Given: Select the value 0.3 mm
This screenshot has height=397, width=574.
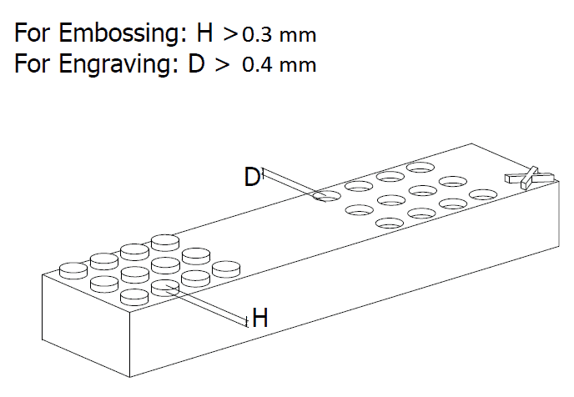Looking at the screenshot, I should [x=279, y=37].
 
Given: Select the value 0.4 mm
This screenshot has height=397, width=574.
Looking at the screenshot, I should [x=279, y=65].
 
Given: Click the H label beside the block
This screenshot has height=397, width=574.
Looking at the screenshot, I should [x=260, y=317].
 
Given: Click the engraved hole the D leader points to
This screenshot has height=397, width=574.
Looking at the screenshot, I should [x=326, y=197].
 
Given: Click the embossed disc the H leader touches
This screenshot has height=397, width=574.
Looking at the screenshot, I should [x=166, y=286].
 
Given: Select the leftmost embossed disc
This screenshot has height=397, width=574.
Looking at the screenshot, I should [x=73, y=269].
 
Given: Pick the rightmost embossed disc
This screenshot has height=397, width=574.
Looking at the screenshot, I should [x=226, y=269].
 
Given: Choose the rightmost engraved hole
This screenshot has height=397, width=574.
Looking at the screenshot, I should [x=482, y=194].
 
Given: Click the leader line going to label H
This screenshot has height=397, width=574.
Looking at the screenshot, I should [x=209, y=304].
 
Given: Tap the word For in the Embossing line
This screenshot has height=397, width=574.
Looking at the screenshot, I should [x=33, y=35].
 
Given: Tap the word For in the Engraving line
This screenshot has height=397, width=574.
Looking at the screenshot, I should [x=33, y=64].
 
